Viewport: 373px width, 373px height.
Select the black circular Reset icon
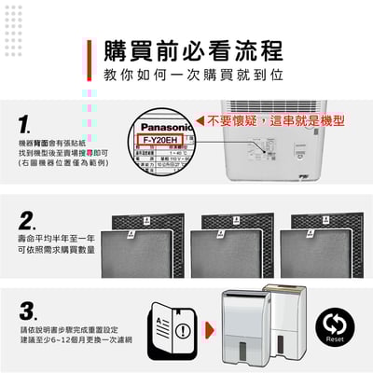(335, 326)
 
